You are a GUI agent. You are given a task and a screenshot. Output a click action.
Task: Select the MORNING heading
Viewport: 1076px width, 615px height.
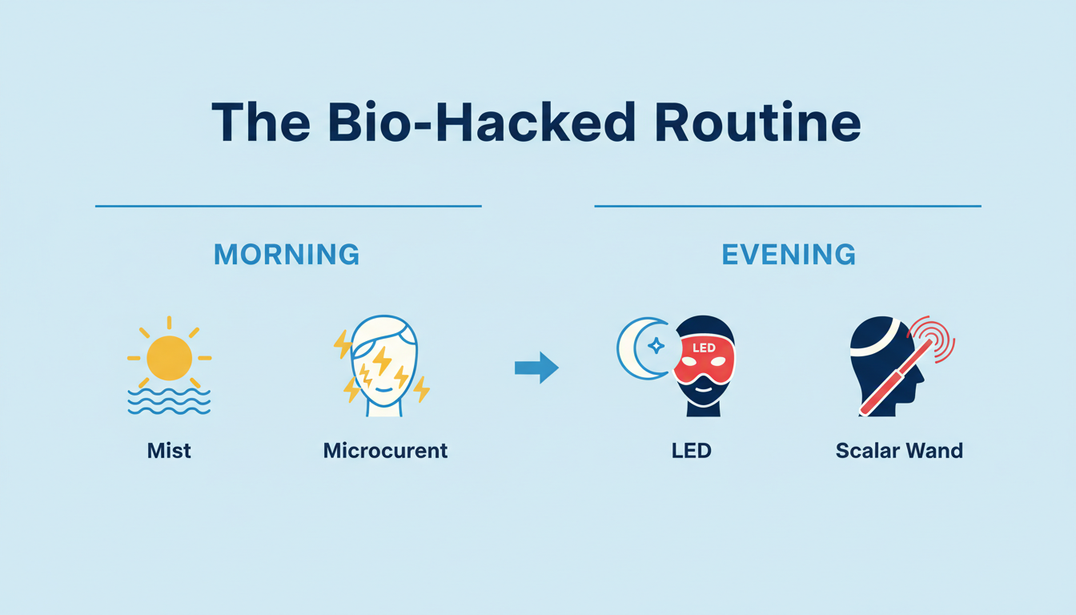287,255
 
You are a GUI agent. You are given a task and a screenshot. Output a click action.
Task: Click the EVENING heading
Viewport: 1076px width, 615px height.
789,255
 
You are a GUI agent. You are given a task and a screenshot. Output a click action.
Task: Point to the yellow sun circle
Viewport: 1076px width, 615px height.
169,358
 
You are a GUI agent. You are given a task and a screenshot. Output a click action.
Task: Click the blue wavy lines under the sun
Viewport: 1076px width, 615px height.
169,402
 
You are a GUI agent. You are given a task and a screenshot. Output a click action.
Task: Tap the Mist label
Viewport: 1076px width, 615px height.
169,450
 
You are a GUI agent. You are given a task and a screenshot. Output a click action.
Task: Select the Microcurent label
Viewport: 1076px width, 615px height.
385,450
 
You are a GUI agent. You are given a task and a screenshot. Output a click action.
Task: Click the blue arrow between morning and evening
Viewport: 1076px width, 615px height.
536,368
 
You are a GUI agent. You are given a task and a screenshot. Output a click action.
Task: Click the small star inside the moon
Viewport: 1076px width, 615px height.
656,346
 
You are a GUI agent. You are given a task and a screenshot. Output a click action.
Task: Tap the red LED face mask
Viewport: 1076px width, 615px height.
704,360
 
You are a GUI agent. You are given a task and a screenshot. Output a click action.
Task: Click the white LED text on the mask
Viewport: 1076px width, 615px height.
703,348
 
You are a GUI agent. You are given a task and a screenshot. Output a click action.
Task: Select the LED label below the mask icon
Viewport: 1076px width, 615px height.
692,450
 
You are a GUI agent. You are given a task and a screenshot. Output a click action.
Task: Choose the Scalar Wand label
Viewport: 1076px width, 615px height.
899,450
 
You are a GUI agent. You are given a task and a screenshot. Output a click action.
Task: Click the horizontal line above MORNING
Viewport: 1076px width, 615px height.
288,206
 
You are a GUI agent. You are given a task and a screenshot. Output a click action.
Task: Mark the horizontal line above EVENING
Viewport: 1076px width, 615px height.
788,206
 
